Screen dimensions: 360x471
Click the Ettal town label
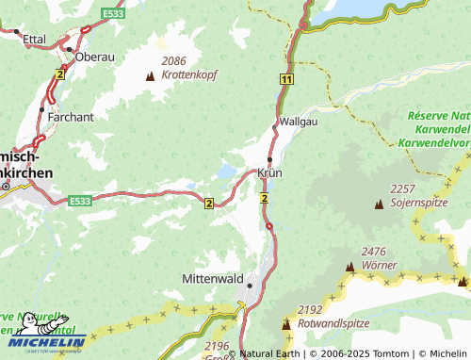[34, 39]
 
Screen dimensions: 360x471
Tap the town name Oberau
[95, 57]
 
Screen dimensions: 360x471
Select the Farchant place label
[73, 117]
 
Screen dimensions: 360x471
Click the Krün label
[269, 173]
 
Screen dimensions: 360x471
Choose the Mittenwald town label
[213, 280]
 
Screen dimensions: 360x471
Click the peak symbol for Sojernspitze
[379, 204]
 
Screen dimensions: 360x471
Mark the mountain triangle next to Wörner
[350, 267]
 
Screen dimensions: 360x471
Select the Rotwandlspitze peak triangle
[286, 324]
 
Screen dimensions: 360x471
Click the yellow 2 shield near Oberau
[60, 73]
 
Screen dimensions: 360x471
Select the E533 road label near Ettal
[114, 14]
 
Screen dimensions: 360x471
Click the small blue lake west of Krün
[226, 172]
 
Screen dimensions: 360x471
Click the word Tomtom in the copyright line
[381, 353]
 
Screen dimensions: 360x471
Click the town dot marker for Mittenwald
[251, 285]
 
